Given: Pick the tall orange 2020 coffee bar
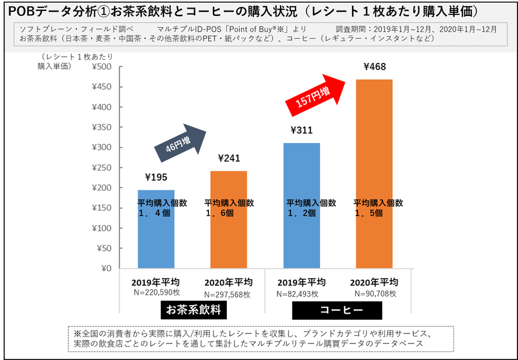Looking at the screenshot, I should (x=374, y=154).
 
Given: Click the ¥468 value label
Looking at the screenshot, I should (x=374, y=67).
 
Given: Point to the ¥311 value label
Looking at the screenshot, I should (x=302, y=130).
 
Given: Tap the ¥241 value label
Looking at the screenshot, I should (x=228, y=158).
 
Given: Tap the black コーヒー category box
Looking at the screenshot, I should (x=337, y=309).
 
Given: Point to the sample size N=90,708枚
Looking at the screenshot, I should (x=374, y=295).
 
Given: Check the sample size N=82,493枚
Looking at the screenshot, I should (x=302, y=295).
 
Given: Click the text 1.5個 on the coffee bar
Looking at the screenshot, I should (x=369, y=213).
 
